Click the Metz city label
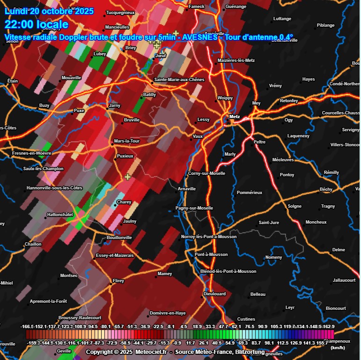(x=234, y=116)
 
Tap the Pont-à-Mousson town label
(x=211, y=255)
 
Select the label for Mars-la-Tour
(x=127, y=141)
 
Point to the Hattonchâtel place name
(x=60, y=215)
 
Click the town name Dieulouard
(x=215, y=294)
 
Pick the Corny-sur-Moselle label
(x=206, y=173)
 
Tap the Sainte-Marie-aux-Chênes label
(x=179, y=80)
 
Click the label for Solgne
(x=295, y=206)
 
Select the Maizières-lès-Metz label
(x=236, y=60)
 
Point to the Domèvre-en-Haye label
(x=168, y=313)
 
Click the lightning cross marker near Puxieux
(x=127, y=177)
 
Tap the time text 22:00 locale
(x=37, y=24)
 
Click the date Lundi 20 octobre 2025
(x=49, y=11)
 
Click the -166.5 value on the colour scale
(x=29, y=326)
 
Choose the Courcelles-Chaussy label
(x=340, y=113)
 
